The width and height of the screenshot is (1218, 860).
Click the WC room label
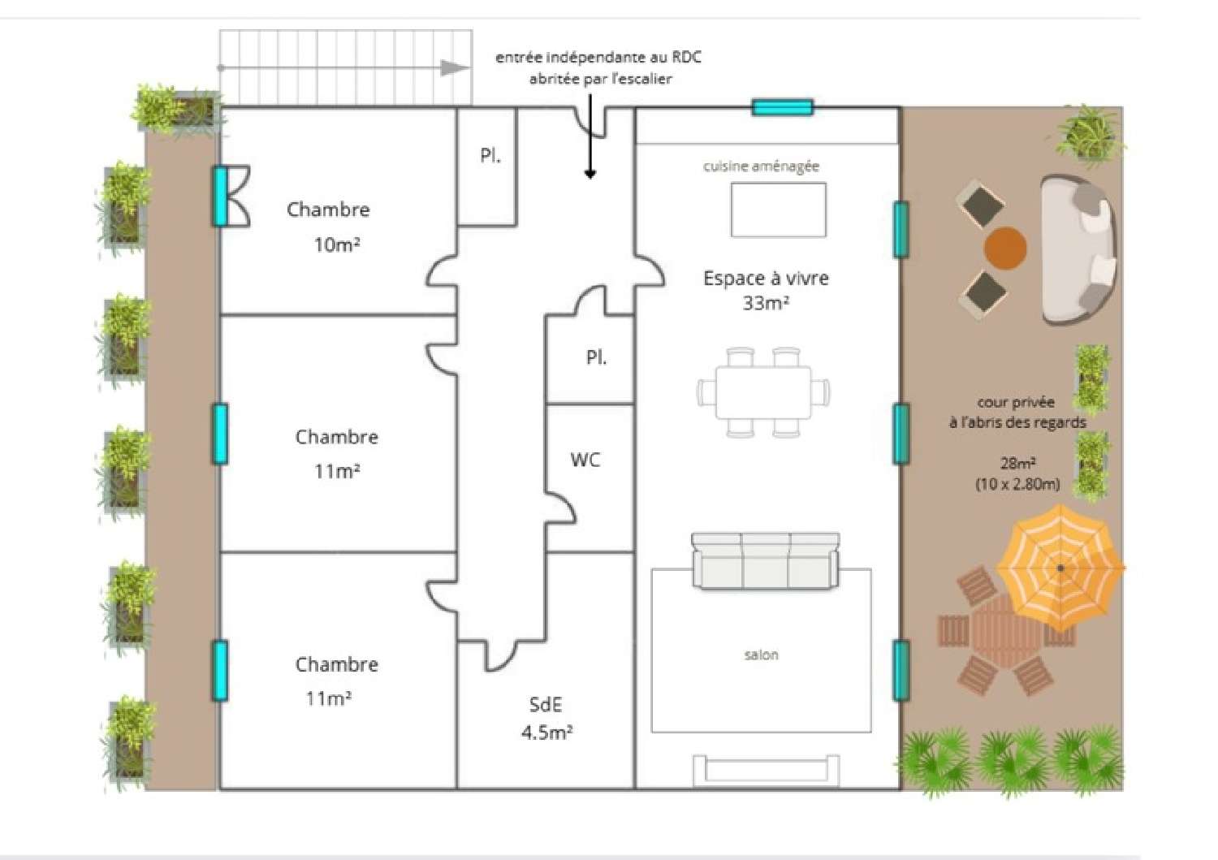pos(585,460)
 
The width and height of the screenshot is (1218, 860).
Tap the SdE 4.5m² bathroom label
pos(546,719)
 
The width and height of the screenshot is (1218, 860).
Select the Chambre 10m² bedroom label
pos(329,227)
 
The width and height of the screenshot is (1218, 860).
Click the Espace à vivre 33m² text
pos(766,290)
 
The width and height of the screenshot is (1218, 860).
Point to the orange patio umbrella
pos(1060,566)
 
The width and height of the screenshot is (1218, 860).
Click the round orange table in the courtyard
pos(1005,248)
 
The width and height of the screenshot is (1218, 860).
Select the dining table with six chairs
pos(763,392)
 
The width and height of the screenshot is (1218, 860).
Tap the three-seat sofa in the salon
pos(765,561)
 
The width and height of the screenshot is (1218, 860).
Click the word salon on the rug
pos(761,655)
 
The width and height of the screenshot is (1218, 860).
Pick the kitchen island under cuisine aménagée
pos(778,210)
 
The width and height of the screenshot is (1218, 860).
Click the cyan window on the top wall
pos(782,107)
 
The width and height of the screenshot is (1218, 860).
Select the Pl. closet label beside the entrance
pos(490,155)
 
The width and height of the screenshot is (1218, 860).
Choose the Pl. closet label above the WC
pos(596,357)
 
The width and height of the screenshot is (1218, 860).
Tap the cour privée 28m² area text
pos(1017,443)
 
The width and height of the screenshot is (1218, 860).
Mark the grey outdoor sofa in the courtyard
pos(1078,250)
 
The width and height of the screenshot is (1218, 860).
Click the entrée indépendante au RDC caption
pos(599,67)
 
